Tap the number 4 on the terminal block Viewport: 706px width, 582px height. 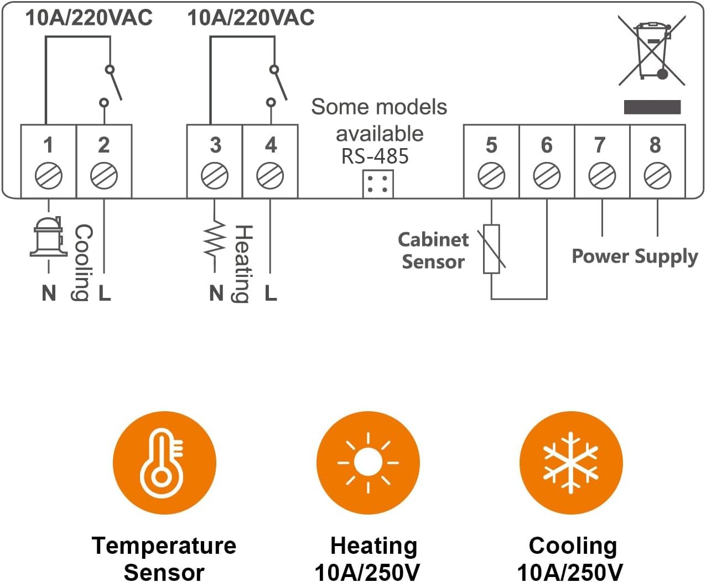coord(271,145)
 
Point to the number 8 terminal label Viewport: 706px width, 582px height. coord(655,145)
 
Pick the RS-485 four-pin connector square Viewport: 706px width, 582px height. coord(378,184)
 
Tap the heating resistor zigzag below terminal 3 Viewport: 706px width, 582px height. coord(215,238)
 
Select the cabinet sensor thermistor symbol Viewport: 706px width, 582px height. coord(491,249)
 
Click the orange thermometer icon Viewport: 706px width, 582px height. coord(164,463)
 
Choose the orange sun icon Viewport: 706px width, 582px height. coord(368,463)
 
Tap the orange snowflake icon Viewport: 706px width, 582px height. coord(571,463)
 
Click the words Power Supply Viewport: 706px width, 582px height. coord(634,256)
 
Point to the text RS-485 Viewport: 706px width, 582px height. coord(375,156)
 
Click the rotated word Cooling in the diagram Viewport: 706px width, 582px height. coord(83,263)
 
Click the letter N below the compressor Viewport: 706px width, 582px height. coord(49,293)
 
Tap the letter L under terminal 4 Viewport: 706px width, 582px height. coord(271,293)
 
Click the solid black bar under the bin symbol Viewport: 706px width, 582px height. coord(652,107)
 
